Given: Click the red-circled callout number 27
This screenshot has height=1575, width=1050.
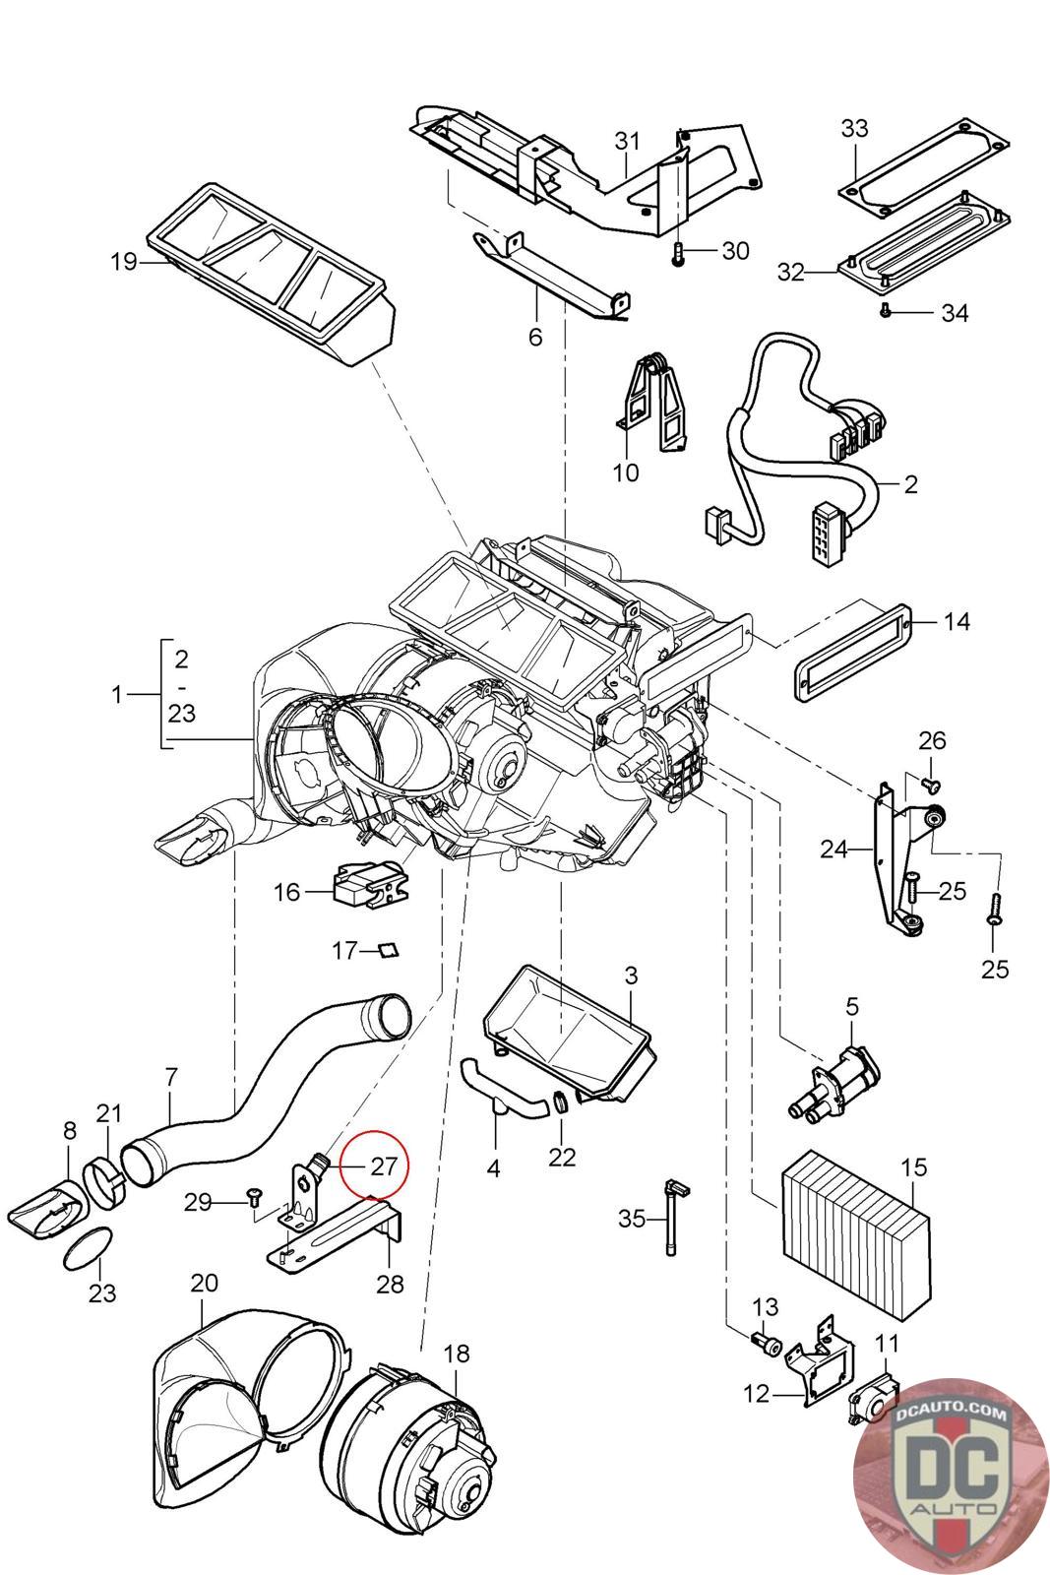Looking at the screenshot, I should pyautogui.click(x=382, y=1165).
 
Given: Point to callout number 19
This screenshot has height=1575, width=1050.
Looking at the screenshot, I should pyautogui.click(x=124, y=262).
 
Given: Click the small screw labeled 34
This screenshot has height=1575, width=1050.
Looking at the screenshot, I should pyautogui.click(x=886, y=310).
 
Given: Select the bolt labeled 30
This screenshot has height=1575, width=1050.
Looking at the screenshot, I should pyautogui.click(x=678, y=254).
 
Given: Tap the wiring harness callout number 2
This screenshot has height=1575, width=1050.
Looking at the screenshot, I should pyautogui.click(x=910, y=484).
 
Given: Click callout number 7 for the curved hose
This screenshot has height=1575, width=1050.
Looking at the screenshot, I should pyautogui.click(x=172, y=1076).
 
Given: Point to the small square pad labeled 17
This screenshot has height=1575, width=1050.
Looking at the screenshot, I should pyautogui.click(x=390, y=950).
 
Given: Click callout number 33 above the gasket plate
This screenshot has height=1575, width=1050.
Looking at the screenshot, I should pyautogui.click(x=854, y=128).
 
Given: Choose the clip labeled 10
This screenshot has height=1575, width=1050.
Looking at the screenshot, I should pyautogui.click(x=654, y=404).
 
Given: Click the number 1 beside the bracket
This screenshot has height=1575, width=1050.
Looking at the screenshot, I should pyautogui.click(x=117, y=694).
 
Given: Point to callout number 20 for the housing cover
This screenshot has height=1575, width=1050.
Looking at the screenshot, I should pyautogui.click(x=204, y=1283).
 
